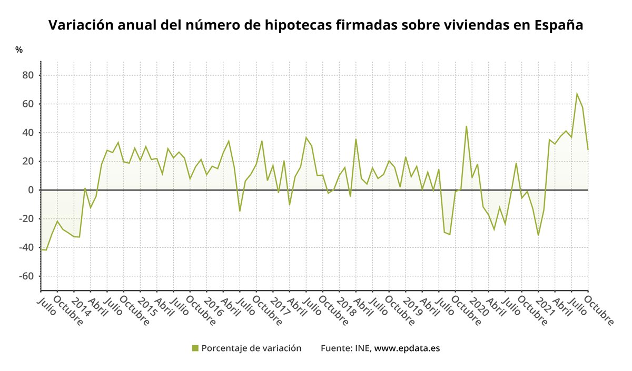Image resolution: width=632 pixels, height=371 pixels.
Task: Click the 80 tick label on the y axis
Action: [27, 75]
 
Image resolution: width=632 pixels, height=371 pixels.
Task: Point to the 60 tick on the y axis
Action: [27, 104]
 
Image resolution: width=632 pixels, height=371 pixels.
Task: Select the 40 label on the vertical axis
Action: [27, 133]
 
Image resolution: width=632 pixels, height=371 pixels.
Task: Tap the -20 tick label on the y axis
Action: [25, 219]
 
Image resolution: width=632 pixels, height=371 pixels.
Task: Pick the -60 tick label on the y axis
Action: [25, 276]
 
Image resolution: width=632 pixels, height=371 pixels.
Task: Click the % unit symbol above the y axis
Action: [19, 50]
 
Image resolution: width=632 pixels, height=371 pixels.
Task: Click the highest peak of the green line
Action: [577, 94]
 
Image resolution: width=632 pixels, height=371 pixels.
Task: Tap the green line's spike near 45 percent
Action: [466, 126]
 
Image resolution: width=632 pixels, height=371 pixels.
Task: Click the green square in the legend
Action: [195, 348]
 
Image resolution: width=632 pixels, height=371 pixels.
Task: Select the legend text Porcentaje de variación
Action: [251, 348]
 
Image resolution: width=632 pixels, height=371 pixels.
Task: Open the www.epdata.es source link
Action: [407, 348]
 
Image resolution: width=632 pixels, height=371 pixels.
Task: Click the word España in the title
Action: [558, 25]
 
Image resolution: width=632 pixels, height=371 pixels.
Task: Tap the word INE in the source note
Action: [363, 348]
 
